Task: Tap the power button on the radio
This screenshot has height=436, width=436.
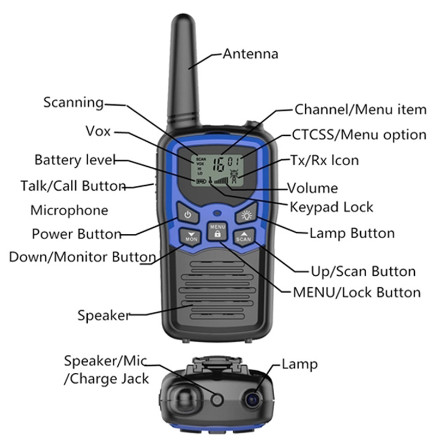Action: [x=188, y=214]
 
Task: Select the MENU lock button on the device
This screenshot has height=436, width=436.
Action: [x=217, y=231]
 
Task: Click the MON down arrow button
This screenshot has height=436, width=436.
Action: [x=191, y=237]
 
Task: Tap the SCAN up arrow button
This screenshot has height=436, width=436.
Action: [x=244, y=237]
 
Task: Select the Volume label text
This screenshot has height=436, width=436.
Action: [x=313, y=189]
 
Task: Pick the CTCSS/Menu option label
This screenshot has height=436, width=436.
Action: [x=359, y=135]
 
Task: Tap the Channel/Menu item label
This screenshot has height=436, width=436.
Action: [x=360, y=110]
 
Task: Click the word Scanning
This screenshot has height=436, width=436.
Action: [x=73, y=102]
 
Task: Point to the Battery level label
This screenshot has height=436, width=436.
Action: [x=75, y=160]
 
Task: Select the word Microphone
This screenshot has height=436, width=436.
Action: [x=69, y=210]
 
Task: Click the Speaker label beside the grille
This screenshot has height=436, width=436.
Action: [x=104, y=315]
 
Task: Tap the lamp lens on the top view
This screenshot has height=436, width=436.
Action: [x=252, y=399]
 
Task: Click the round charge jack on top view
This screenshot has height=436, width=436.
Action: [x=217, y=399]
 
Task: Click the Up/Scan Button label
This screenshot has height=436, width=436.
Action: [x=362, y=271]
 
